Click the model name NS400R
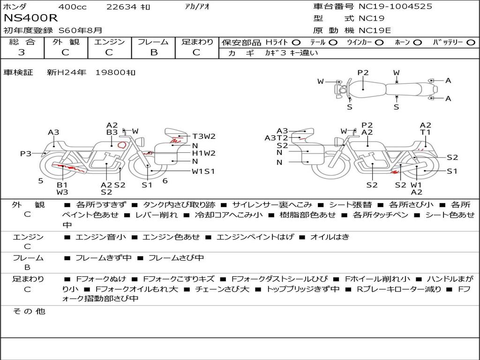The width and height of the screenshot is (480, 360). (30, 18)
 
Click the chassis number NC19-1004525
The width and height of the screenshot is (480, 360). (396, 6)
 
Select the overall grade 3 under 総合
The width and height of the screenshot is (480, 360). (22, 52)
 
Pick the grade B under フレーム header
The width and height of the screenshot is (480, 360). (154, 52)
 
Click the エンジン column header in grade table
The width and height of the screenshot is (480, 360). (109, 42)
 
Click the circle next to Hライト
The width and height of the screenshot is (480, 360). (296, 43)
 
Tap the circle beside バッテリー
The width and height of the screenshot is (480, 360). (471, 43)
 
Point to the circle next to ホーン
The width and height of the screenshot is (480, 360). (418, 43)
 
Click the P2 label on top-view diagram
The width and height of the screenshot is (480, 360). (363, 73)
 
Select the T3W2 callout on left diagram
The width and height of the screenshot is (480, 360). (204, 136)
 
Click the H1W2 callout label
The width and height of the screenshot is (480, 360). (204, 153)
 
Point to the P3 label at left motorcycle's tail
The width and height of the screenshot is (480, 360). (26, 153)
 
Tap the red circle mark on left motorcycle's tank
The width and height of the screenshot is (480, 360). (122, 145)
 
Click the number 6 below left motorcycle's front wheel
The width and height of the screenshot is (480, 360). (165, 181)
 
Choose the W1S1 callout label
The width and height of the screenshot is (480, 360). (203, 172)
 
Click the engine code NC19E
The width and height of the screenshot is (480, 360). (375, 30)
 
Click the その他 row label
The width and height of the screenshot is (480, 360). (29, 311)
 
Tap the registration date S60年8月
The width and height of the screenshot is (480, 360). (80, 30)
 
